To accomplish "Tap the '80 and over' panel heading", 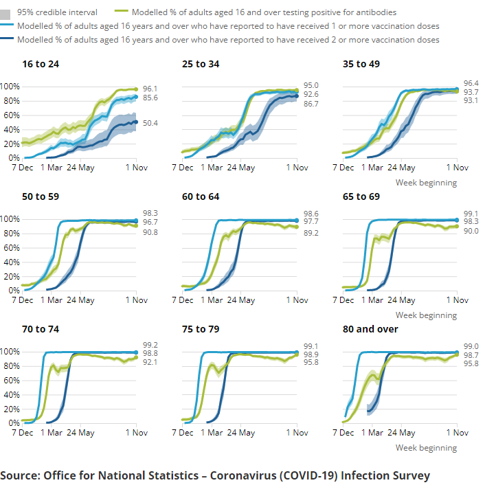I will coord(370,329).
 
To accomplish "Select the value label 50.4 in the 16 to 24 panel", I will coord(150,123).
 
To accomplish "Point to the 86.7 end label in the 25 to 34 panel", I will coord(311,104).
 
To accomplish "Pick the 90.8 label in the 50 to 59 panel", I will coord(150,233).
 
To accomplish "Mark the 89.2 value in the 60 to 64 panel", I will coord(311,234).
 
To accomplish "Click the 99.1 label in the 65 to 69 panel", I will coord(471,213).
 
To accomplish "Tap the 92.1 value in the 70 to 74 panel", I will coord(150,363).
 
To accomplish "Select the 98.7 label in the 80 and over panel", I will coord(471,355).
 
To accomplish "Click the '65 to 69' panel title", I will coord(361,196).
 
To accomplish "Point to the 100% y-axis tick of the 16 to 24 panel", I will coord(10,87).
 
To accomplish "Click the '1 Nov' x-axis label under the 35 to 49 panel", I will coord(457,168).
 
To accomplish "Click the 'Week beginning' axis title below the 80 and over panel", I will coord(426,448).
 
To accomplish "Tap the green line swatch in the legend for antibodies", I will coord(122,12).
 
